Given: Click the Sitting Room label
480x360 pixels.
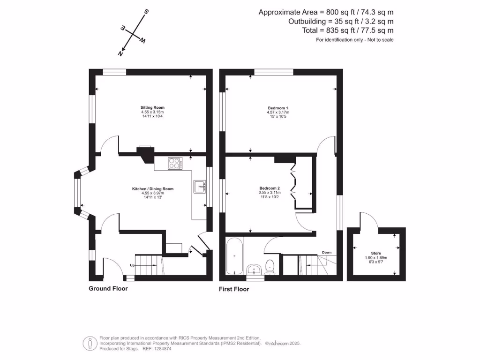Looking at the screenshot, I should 153,107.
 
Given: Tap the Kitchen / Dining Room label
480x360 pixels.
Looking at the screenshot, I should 153,189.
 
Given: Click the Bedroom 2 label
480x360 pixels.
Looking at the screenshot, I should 269,188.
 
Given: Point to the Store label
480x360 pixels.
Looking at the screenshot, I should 376,253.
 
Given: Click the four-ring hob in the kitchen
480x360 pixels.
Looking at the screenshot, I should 175,164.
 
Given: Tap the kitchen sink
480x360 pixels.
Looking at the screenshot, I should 200,186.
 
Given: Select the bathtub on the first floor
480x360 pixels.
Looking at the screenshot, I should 234,257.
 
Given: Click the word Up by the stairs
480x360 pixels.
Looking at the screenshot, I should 133,265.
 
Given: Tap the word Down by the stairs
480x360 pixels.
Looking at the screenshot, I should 327,253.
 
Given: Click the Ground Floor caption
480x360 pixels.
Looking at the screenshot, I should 108,288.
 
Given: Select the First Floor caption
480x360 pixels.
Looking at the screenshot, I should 234,289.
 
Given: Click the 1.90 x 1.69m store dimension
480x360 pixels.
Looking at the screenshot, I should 376,258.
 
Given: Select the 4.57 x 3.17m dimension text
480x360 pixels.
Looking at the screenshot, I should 278,112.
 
